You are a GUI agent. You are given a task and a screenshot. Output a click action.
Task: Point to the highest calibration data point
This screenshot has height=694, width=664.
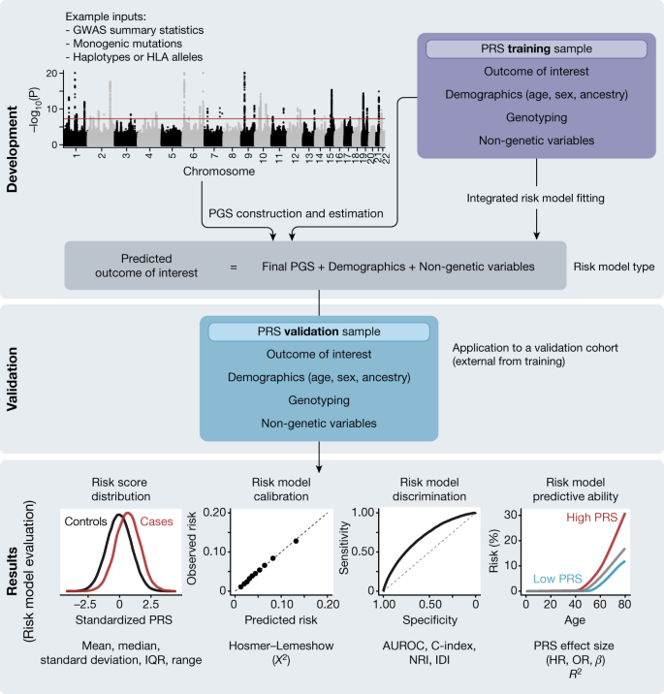pyautogui.click(x=296, y=541)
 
